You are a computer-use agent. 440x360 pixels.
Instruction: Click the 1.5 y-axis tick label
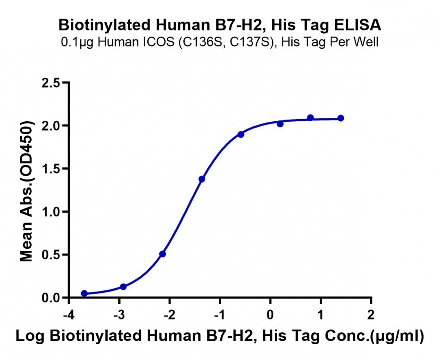point(51,169)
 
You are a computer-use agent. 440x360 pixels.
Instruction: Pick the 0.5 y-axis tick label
point(51,255)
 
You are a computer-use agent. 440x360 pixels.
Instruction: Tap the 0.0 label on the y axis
point(51,298)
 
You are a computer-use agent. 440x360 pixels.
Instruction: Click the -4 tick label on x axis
point(69,315)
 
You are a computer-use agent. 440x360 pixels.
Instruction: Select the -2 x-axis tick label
point(170,315)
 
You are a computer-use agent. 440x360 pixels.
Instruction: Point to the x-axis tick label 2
point(371,315)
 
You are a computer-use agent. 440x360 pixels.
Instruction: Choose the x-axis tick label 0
point(270,315)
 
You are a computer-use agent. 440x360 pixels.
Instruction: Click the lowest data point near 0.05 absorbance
point(84,293)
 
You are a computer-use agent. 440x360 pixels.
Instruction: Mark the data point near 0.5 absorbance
point(162,254)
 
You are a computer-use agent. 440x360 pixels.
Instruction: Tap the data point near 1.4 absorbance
point(202,179)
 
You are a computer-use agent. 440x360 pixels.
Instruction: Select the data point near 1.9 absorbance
point(241,135)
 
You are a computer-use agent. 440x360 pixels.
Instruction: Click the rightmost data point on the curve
point(340,118)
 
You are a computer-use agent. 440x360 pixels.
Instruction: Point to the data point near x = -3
point(123,287)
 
